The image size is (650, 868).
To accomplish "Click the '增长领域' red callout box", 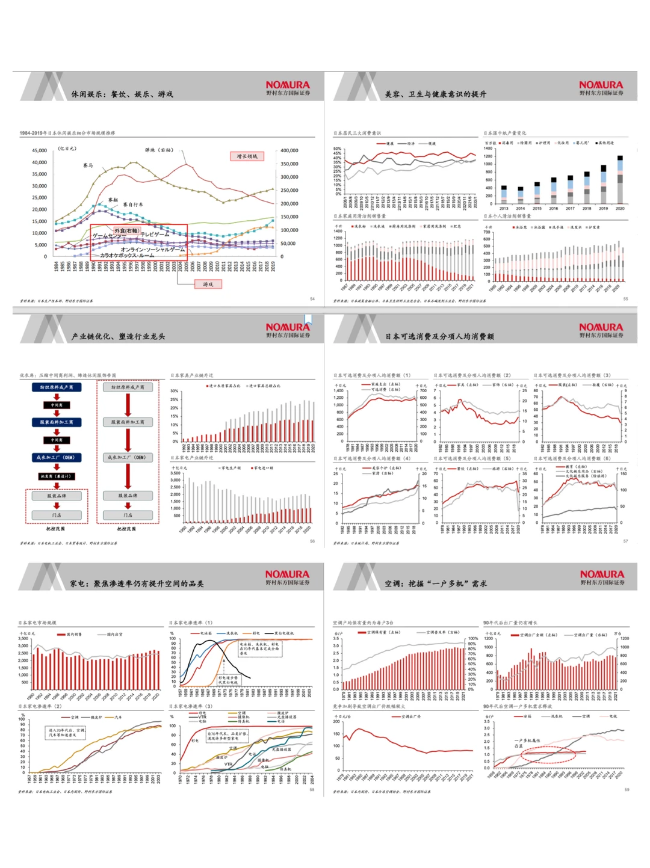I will [x=247, y=156].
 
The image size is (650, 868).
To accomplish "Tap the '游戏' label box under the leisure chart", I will [x=208, y=284].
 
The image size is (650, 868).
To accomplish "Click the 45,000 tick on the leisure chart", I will [x=40, y=151].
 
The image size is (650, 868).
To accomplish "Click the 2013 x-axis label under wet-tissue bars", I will [x=504, y=209].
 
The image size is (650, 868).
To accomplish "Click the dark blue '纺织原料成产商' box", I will [x=57, y=387].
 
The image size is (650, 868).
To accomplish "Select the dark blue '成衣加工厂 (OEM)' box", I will [x=57, y=458].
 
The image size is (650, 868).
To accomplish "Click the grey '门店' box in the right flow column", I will [x=128, y=515].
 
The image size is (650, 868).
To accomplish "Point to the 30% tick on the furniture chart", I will [x=175, y=391].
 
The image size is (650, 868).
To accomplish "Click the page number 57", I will [x=625, y=541].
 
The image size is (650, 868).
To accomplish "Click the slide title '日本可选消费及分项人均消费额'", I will [x=439, y=337].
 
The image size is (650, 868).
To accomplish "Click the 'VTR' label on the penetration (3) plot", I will [x=229, y=764].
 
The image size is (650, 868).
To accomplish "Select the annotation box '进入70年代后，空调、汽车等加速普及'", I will [x=67, y=732].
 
